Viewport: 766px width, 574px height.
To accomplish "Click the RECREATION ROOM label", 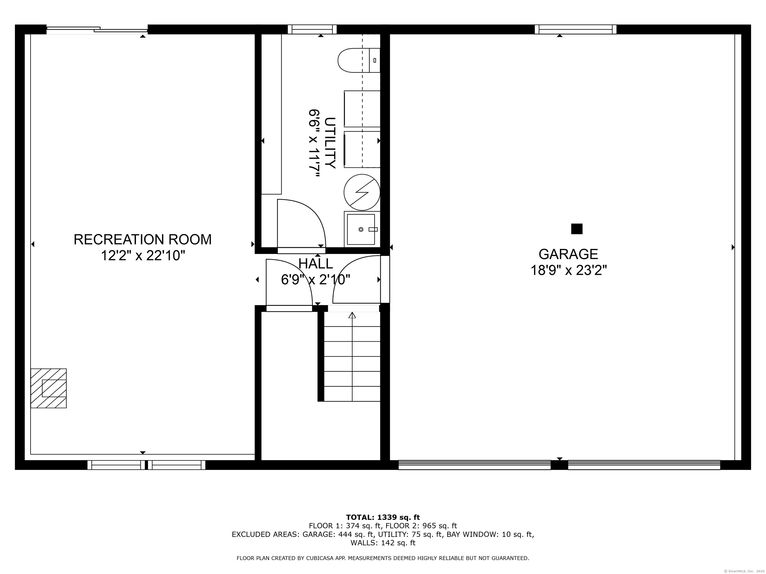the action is [x=142, y=239].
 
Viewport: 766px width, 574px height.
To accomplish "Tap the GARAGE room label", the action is [x=568, y=254].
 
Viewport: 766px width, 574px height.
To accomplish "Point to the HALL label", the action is [x=315, y=264].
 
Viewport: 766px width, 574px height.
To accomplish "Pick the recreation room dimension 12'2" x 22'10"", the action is [x=143, y=256].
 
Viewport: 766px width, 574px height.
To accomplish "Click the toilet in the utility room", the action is [x=359, y=60].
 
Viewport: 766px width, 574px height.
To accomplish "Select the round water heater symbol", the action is [x=362, y=192].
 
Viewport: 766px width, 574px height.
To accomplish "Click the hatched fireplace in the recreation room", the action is [x=48, y=388].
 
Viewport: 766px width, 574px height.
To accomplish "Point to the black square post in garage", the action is [x=576, y=229].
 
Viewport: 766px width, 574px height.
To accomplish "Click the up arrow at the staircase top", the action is [x=352, y=315].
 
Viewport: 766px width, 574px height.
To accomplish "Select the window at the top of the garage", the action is [x=575, y=29].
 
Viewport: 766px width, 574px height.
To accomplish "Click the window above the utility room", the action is [x=312, y=29].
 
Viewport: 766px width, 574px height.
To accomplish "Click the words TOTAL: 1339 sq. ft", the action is [x=383, y=517].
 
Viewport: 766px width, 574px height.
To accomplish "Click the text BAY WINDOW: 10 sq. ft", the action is [x=490, y=534].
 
